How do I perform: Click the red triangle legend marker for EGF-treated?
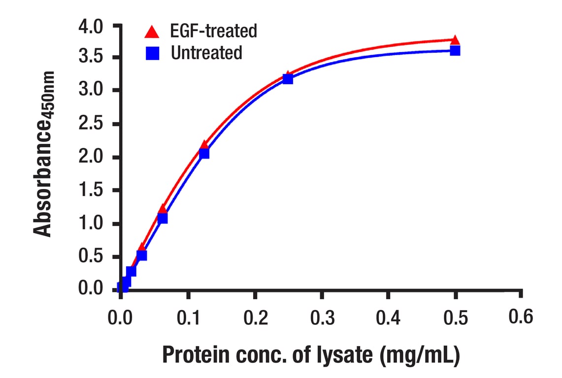(151, 31)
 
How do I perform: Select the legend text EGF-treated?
(214, 31)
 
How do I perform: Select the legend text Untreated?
(206, 53)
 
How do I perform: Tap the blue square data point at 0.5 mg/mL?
(455, 50)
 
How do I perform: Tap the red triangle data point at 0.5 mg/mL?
(455, 40)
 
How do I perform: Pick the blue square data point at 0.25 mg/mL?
(288, 79)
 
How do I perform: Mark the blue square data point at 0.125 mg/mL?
(204, 154)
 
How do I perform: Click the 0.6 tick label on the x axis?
(521, 317)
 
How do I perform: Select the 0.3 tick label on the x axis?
(321, 318)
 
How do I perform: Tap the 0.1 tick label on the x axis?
(188, 318)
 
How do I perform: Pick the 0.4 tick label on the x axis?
(388, 318)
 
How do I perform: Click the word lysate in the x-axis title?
(344, 355)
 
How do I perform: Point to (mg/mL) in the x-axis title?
(420, 355)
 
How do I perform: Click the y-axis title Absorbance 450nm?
(43, 154)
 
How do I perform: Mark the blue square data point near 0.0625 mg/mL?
(163, 218)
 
